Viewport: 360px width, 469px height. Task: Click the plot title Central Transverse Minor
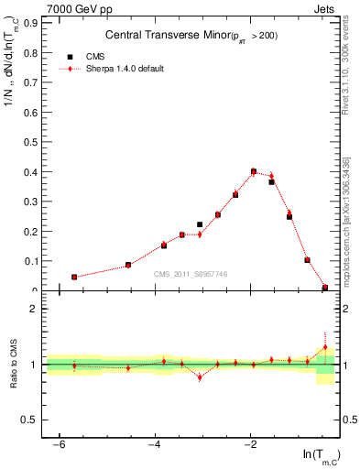pyautogui.click(x=191, y=36)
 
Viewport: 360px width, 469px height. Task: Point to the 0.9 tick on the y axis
pyautogui.click(x=34, y=25)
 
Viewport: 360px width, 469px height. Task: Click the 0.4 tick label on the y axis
pyautogui.click(x=34, y=172)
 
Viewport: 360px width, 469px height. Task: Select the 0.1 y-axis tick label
pyautogui.click(x=34, y=261)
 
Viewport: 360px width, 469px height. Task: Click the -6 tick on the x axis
pyautogui.click(x=59, y=444)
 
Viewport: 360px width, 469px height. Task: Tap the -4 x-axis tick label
pyautogui.click(x=155, y=444)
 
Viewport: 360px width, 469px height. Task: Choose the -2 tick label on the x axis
pyautogui.click(x=251, y=444)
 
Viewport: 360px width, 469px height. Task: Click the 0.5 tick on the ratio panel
pyautogui.click(x=34, y=420)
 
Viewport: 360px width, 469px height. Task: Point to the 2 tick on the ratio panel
pyautogui.click(x=38, y=309)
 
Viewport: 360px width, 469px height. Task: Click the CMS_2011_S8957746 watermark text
pyautogui.click(x=190, y=274)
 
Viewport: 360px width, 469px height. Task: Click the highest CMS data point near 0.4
pyautogui.click(x=253, y=171)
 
